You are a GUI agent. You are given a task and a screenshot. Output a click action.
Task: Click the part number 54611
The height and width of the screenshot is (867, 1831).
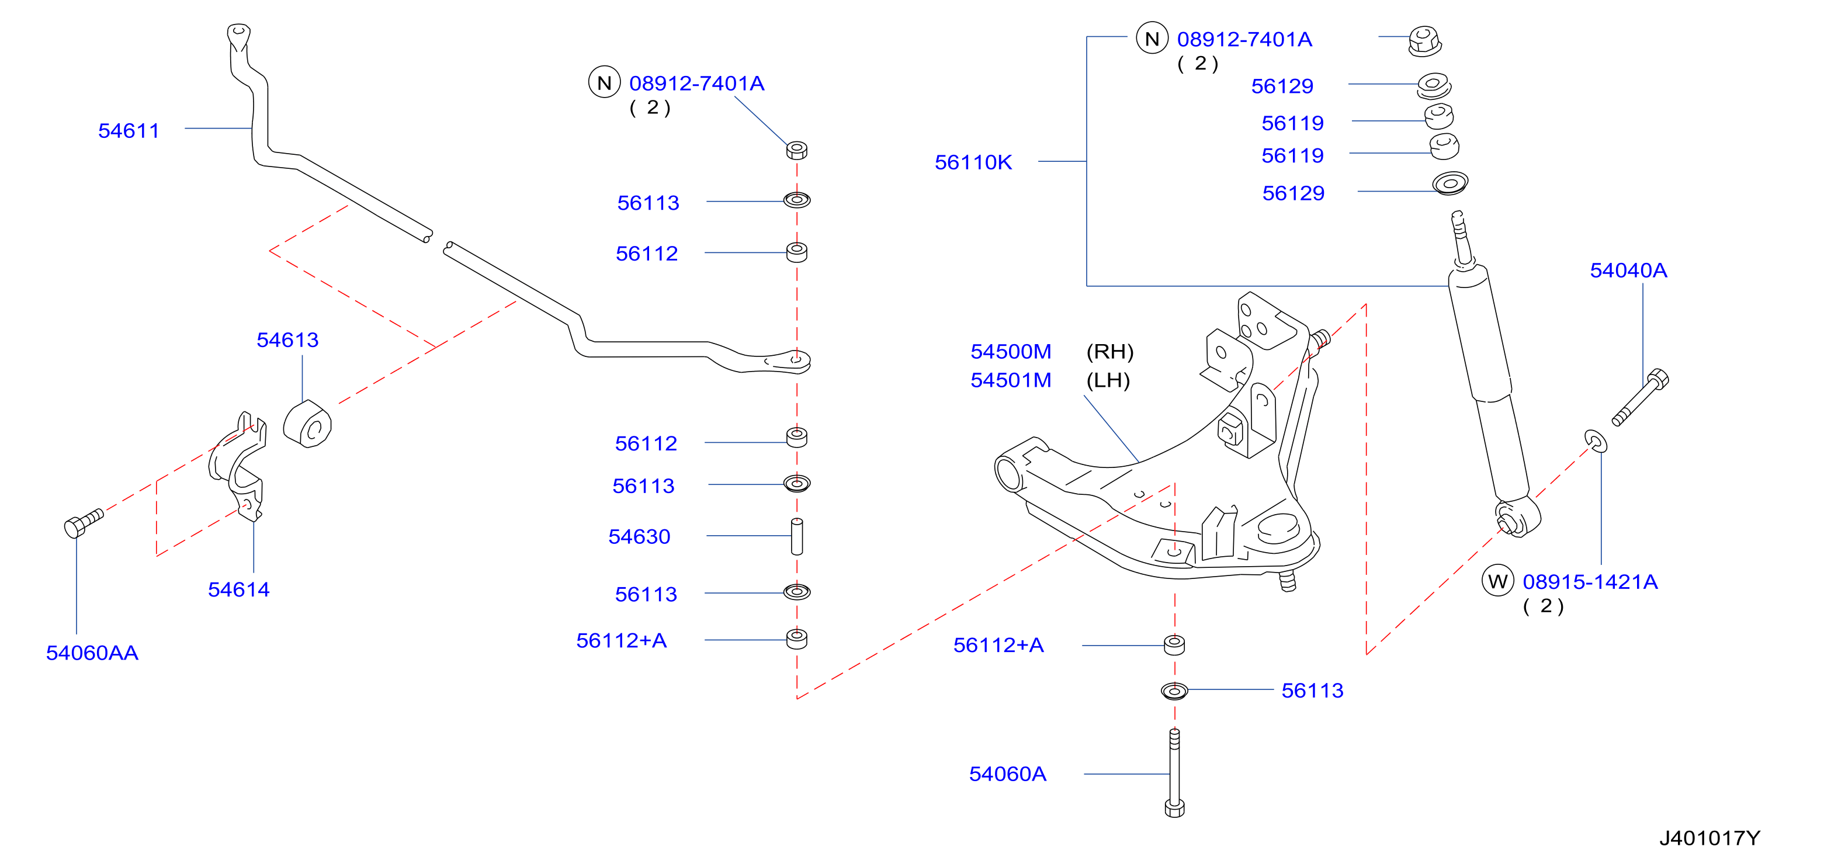coord(129,131)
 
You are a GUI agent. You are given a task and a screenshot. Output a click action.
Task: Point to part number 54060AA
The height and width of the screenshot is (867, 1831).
coord(92,653)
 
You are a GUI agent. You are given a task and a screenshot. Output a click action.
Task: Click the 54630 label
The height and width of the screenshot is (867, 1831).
coord(639,536)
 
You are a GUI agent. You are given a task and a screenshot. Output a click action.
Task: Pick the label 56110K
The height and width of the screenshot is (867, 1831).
coord(973,163)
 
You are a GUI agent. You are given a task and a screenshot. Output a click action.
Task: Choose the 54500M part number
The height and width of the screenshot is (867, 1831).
coord(1011,351)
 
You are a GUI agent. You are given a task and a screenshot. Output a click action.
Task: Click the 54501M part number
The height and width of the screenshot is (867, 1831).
coord(1011,380)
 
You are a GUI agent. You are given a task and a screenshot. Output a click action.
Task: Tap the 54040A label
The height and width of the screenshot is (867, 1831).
coord(1628,270)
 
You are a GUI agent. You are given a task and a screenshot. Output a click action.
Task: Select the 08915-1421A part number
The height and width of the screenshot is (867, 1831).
coord(1590,582)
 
